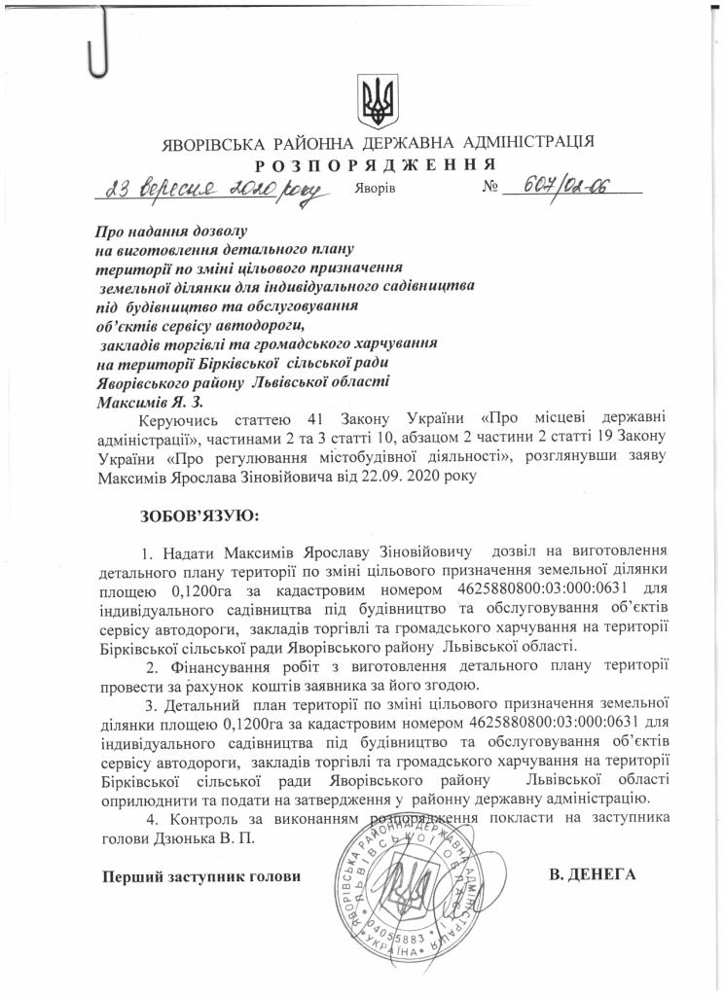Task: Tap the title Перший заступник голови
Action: [x=196, y=877]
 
